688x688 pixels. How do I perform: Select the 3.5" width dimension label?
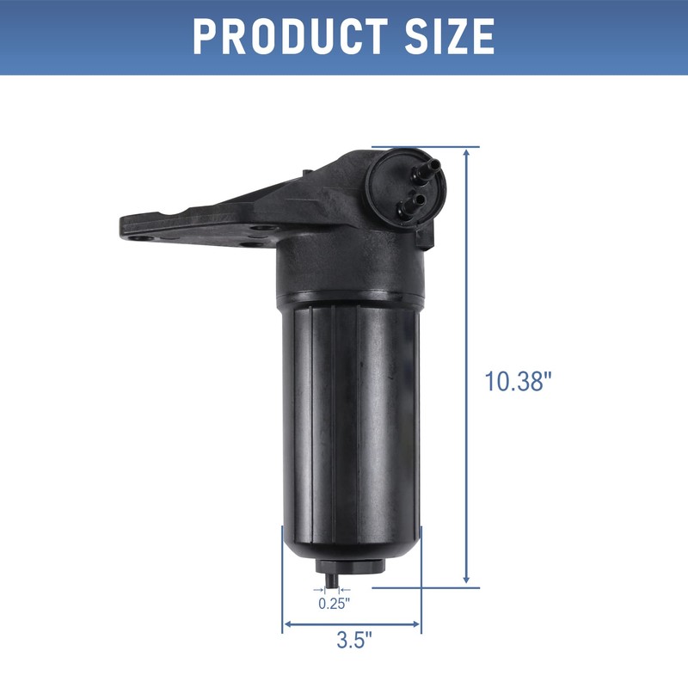(353, 641)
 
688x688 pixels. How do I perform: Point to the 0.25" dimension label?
(334, 604)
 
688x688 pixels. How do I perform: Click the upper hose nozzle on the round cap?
(427, 166)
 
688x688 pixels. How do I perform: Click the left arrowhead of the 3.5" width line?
(287, 624)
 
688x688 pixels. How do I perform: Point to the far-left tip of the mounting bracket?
(120, 228)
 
